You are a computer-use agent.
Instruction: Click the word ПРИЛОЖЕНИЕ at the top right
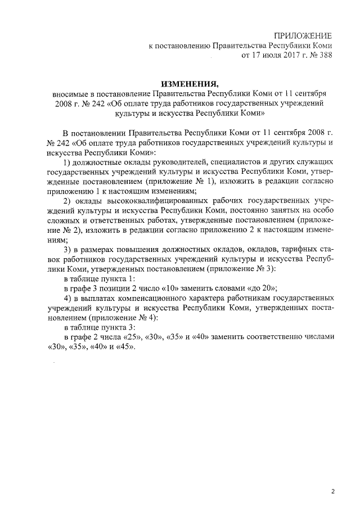click(303, 35)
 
